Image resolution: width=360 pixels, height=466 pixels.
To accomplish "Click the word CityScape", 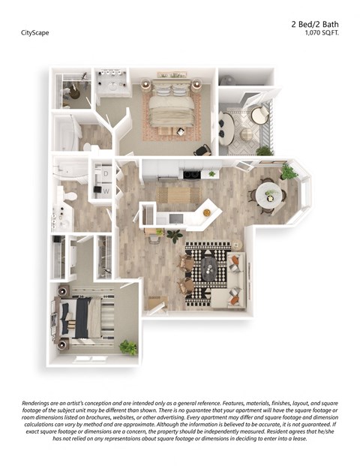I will click(36, 33).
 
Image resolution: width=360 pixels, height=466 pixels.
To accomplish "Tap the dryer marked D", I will click(106, 173).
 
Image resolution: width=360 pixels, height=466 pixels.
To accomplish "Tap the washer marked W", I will click(106, 191).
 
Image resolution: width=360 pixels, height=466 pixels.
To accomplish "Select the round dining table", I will click(268, 195).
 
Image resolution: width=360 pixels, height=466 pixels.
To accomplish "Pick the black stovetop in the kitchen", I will click(190, 175).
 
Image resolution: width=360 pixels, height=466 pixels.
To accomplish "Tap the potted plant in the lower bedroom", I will click(128, 347).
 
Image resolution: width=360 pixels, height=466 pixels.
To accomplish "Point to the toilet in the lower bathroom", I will click(70, 195).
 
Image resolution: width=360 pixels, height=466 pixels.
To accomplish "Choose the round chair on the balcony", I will click(259, 114).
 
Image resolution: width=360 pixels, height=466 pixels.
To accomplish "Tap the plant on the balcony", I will click(263, 151).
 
